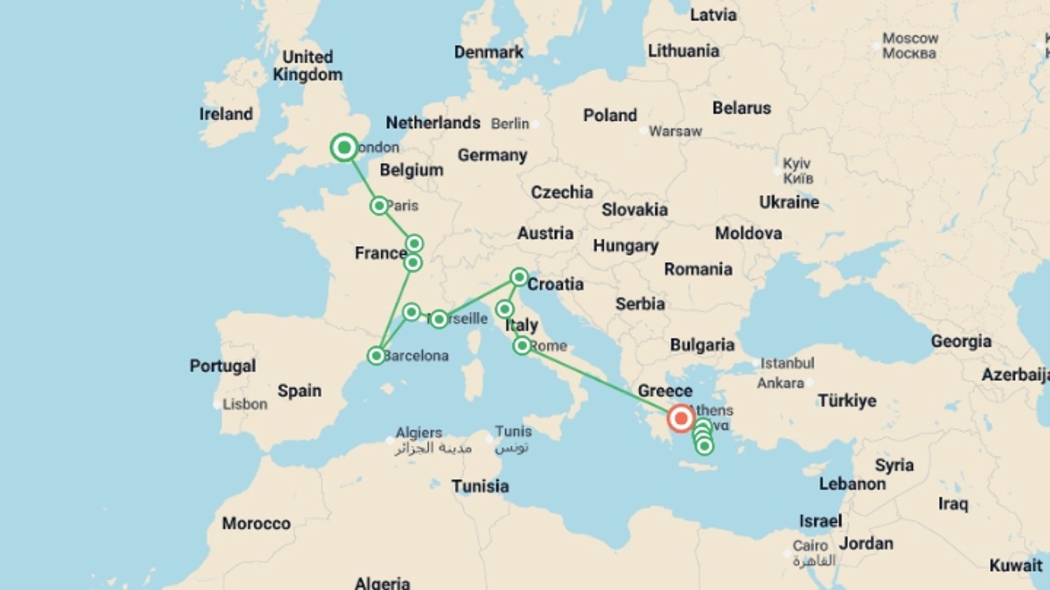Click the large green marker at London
pyautogui.click(x=344, y=147)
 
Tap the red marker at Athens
pyautogui.click(x=681, y=419)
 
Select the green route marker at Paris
pyautogui.click(x=379, y=206)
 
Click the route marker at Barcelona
pyautogui.click(x=376, y=356)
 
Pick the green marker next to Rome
pyautogui.click(x=522, y=346)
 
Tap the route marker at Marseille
pyautogui.click(x=439, y=320)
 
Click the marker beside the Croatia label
pyautogui.click(x=519, y=278)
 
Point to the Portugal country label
pyautogui.click(x=223, y=365)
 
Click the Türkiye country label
pyautogui.click(x=847, y=400)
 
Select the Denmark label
pyautogui.click(x=488, y=52)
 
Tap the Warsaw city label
pyautogui.click(x=675, y=131)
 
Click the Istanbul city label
pyautogui.click(x=787, y=363)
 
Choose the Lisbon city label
pyautogui.click(x=244, y=404)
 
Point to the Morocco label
pyautogui.click(x=256, y=523)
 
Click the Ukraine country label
pyautogui.click(x=789, y=202)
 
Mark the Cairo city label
pyautogui.click(x=810, y=546)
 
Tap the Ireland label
pyautogui.click(x=226, y=114)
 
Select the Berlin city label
pyautogui.click(x=510, y=124)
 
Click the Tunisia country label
pyautogui.click(x=480, y=486)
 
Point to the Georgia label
pyautogui.click(x=961, y=341)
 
